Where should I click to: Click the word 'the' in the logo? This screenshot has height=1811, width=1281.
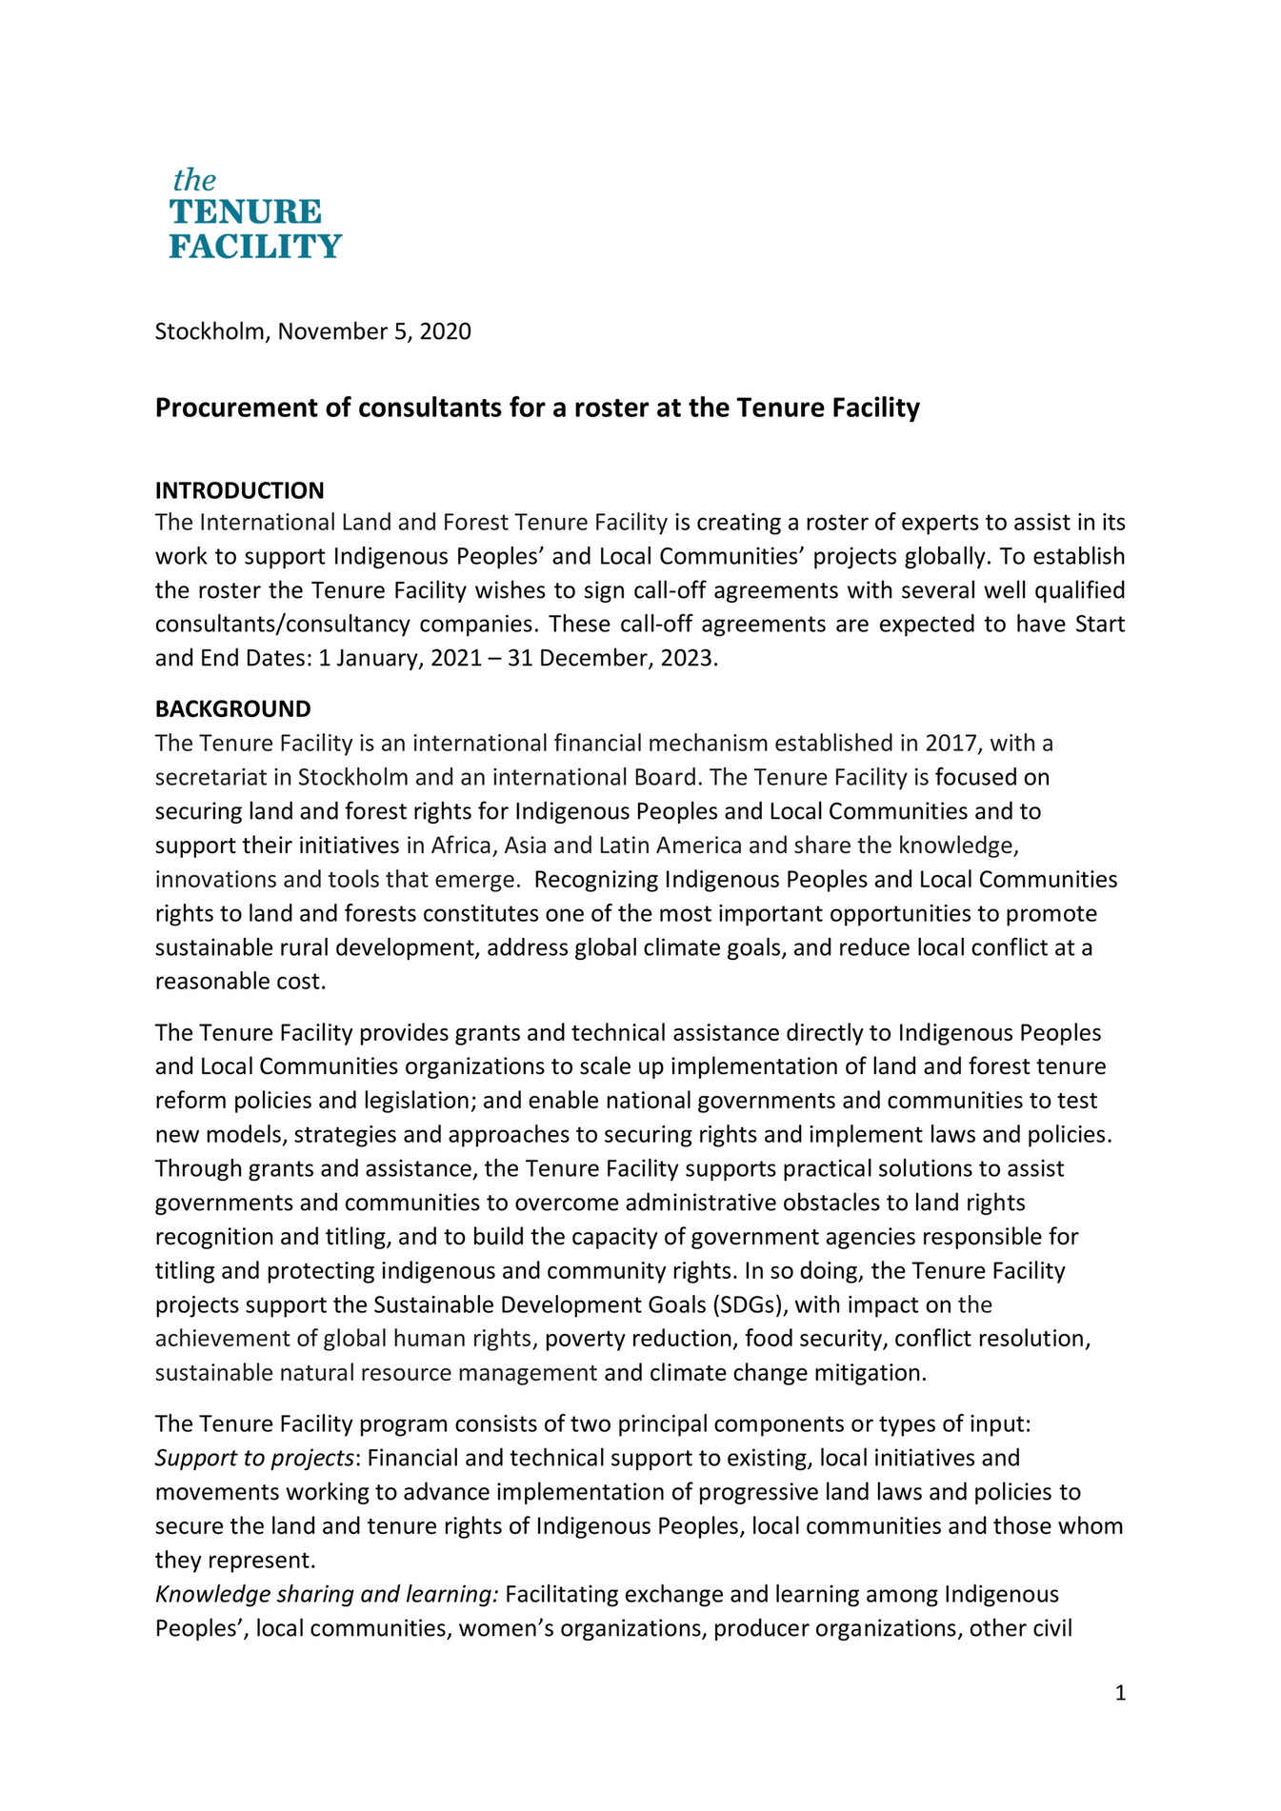coord(194,180)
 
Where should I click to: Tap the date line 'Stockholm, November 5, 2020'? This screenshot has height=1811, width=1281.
coord(312,331)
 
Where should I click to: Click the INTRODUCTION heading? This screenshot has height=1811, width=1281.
coord(239,490)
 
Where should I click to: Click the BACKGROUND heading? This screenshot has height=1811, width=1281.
coord(232,708)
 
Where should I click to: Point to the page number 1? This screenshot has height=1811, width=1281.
coord(1120,1692)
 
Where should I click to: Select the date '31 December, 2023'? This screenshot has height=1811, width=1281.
coord(610,658)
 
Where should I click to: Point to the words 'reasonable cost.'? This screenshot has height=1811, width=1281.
coord(240,982)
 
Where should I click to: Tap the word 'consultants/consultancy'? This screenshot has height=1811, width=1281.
coord(283,624)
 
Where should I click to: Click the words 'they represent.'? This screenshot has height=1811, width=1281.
coord(234,1560)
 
